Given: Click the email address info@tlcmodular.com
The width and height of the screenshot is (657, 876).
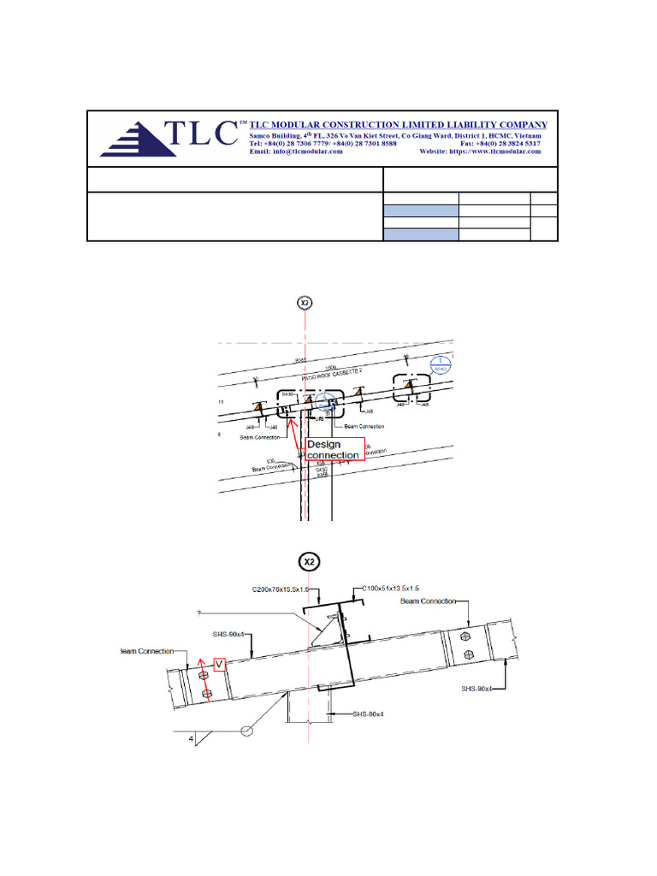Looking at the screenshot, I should tap(296, 152).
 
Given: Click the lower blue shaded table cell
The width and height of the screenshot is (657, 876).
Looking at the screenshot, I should tap(421, 234).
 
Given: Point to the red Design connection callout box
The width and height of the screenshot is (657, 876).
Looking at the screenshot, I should tap(334, 449).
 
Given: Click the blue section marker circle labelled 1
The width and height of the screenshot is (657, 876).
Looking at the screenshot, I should tap(439, 364).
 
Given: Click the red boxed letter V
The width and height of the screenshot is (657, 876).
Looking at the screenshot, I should tap(219, 663).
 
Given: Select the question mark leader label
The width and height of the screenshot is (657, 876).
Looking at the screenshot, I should tap(200, 613).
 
